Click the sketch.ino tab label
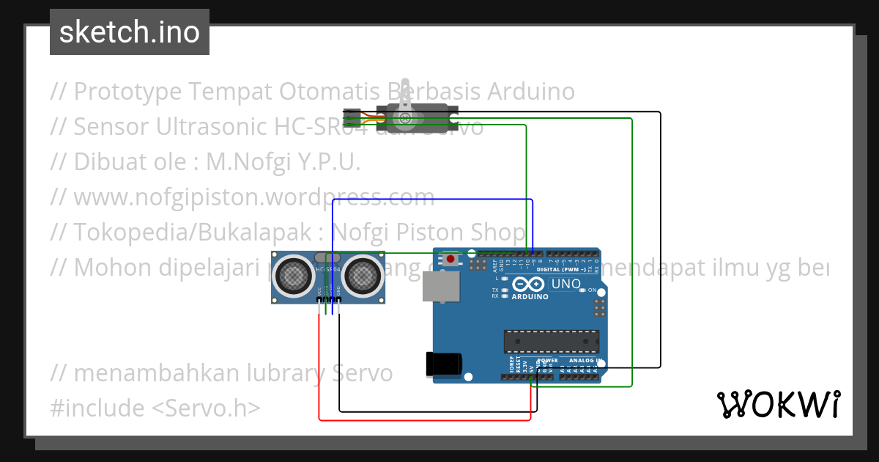(x=130, y=32)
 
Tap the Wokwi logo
(x=777, y=404)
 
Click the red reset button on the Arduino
(x=450, y=259)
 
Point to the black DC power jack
(x=444, y=365)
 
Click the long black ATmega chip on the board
(x=551, y=341)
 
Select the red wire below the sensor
(x=425, y=420)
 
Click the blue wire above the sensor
(x=432, y=199)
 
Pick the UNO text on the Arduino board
(x=565, y=284)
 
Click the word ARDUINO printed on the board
(x=530, y=296)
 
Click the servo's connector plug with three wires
(x=352, y=115)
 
